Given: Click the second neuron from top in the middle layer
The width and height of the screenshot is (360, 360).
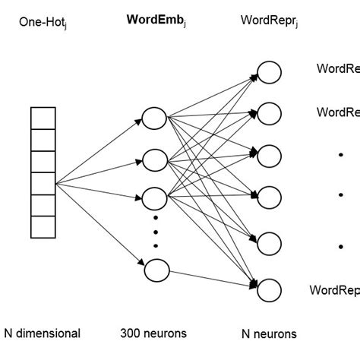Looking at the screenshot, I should pos(155,160).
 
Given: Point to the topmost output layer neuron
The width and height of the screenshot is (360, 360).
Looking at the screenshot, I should pos(269,72).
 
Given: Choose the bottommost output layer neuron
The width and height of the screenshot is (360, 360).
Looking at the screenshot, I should pos(269,289).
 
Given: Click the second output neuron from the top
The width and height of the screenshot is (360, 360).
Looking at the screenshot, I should pos(269,112).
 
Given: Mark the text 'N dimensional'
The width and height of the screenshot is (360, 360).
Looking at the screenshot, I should pos(43,333).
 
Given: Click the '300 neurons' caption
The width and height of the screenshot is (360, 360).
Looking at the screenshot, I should pos(153,333).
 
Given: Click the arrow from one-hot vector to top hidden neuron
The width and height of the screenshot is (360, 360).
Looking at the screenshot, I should pos(99,151).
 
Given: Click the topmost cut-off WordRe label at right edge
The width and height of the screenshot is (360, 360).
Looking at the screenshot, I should pos(338,68).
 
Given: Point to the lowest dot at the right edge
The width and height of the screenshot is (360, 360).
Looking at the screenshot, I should pos(341,246).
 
